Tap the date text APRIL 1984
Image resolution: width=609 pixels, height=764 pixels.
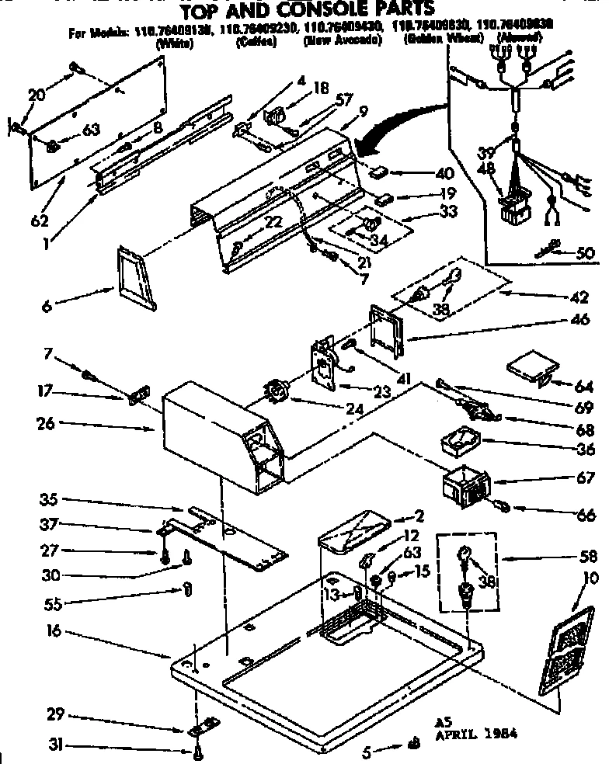476,732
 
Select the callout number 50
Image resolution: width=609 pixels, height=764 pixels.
586,252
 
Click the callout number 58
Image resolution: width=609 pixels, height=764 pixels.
589,556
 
